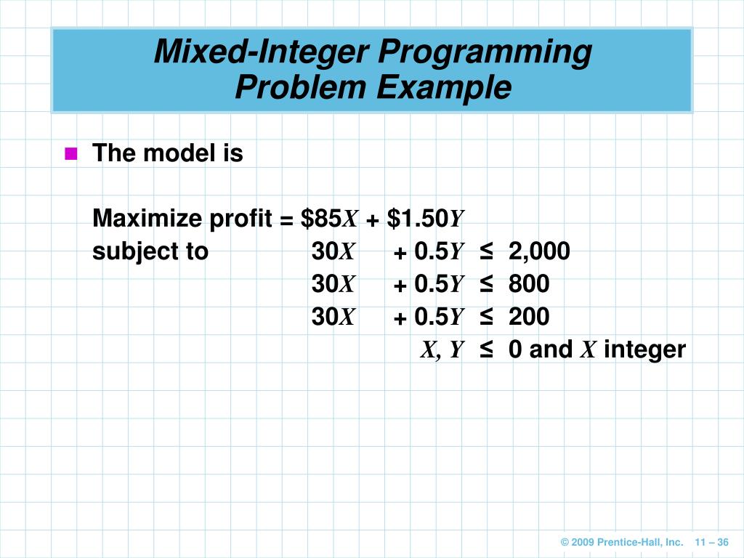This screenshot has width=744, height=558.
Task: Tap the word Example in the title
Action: [444, 88]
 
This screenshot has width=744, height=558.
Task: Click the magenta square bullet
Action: [70, 153]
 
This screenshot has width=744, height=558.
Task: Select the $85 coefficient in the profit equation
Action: [321, 218]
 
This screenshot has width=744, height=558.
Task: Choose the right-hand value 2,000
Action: [539, 251]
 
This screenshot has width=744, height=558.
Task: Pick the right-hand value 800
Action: [529, 284]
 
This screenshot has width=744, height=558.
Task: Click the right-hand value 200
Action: [529, 317]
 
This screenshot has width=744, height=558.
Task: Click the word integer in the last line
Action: [644, 349]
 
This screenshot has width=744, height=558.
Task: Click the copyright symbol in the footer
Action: [565, 543]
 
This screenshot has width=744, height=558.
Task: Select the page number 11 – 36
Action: [711, 543]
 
